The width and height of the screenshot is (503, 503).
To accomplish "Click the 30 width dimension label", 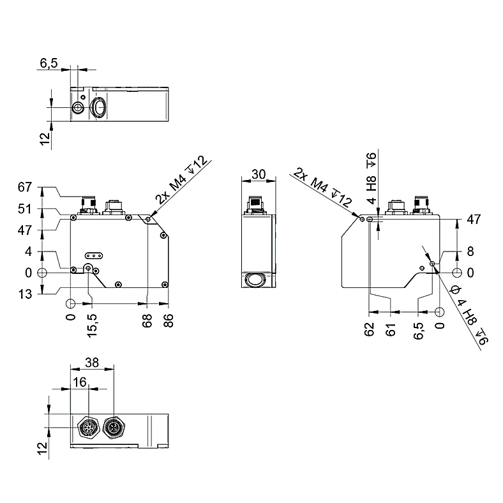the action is click(259, 174).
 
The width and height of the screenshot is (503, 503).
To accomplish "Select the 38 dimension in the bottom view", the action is click(92, 363).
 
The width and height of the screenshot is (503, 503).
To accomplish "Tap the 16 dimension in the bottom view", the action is click(80, 382).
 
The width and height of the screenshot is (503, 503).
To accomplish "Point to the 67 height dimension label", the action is click(25, 187).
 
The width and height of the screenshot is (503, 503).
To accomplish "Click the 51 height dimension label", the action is click(25, 209).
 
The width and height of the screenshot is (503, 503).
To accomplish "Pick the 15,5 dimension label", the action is click(92, 326).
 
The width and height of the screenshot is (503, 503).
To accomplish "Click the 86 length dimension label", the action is click(168, 320).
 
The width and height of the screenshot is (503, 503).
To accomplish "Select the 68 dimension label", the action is click(147, 320).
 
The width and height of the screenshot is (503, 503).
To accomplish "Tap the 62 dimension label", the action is click(370, 329).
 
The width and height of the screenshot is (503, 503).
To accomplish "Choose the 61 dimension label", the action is click(391, 329).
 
